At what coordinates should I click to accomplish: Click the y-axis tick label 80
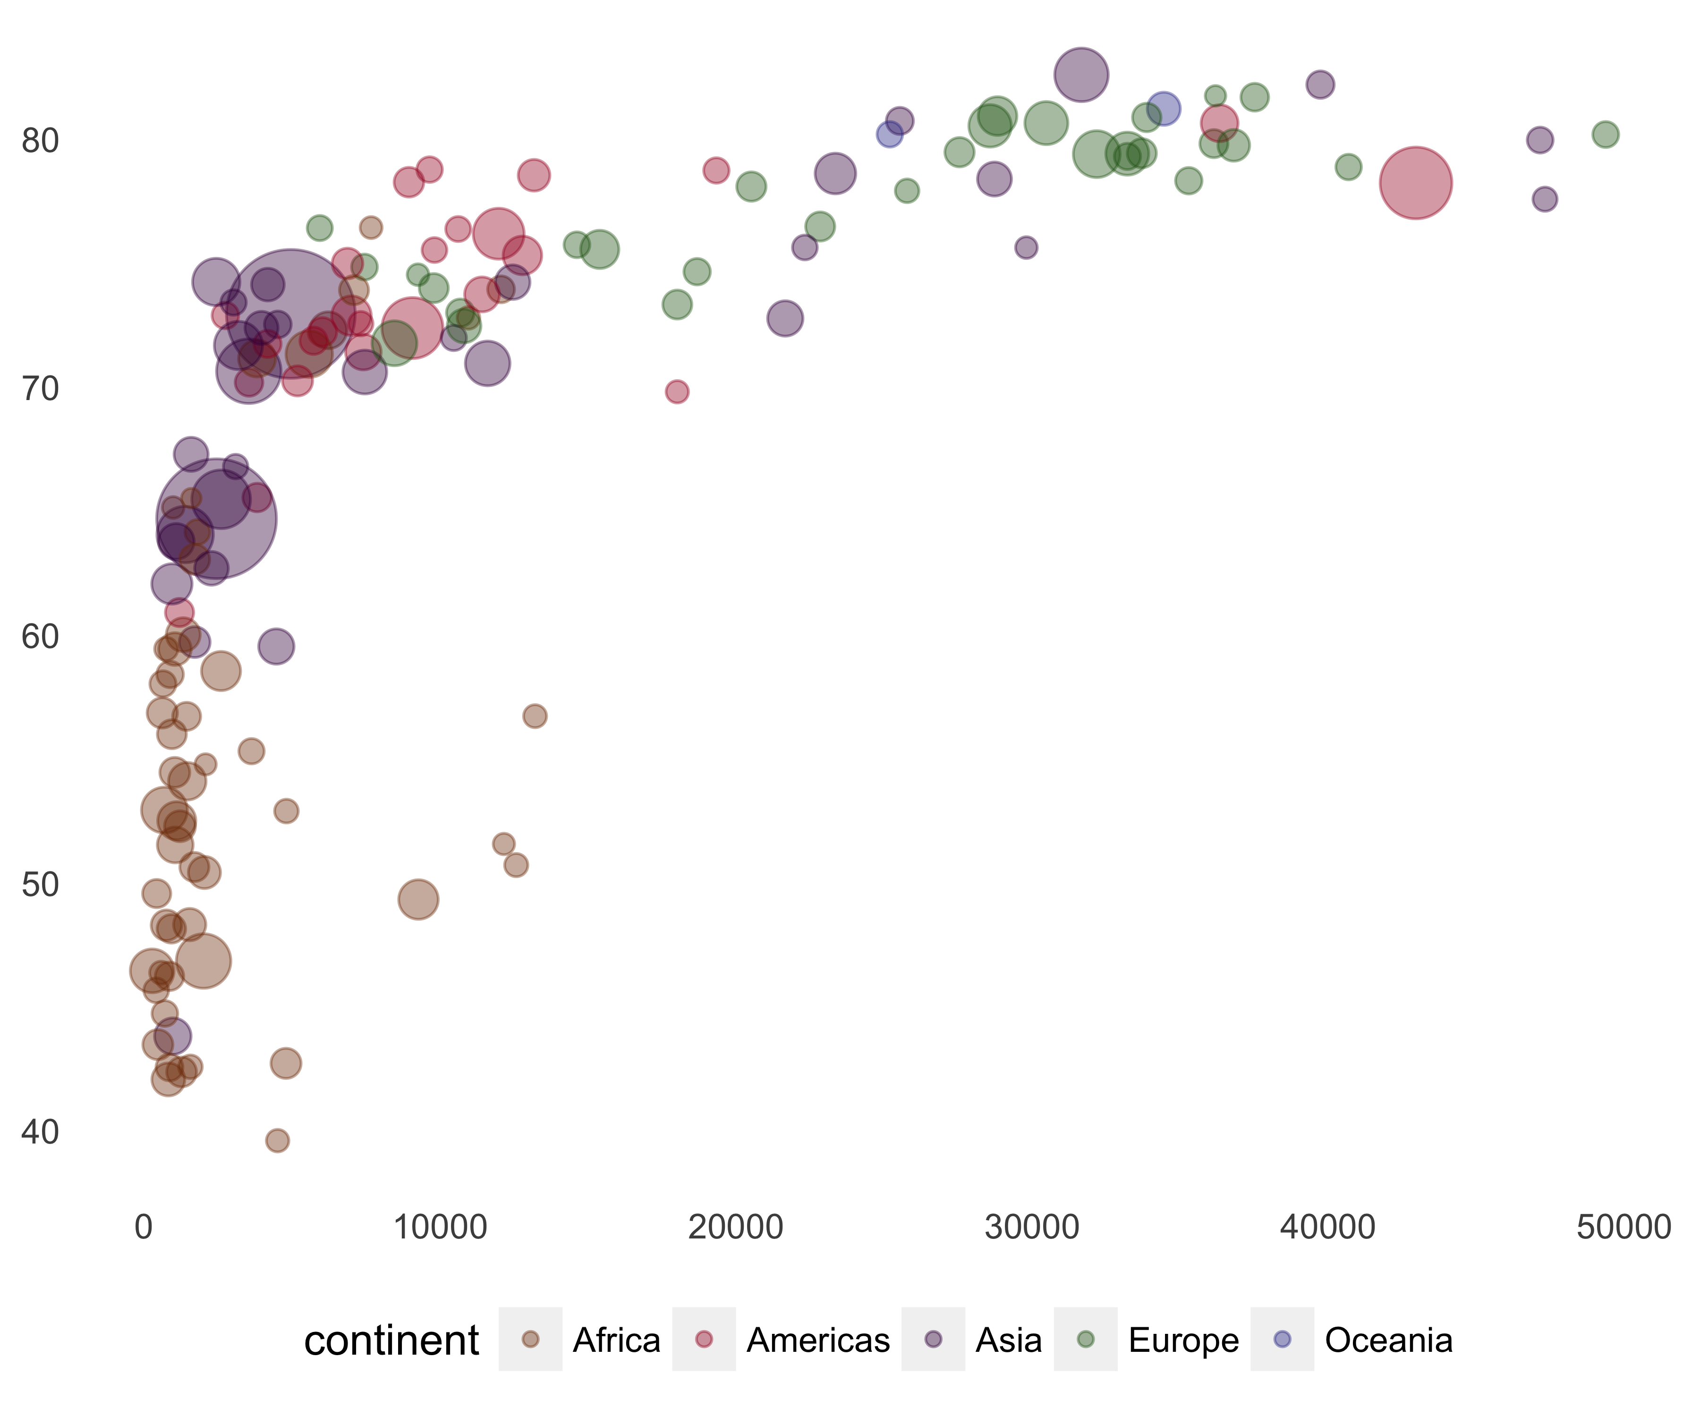point(41,141)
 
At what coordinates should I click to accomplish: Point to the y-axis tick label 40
point(41,1132)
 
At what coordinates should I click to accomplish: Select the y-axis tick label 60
point(41,636)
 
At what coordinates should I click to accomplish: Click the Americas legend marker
point(704,1339)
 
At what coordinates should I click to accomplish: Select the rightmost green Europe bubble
point(1605,135)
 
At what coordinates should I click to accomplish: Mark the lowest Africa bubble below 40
point(277,1140)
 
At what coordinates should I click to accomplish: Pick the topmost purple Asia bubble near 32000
point(1081,75)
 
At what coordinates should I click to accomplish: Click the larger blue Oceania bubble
point(1163,109)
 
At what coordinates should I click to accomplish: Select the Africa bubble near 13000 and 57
point(534,716)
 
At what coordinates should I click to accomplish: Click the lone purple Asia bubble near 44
point(172,1036)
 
